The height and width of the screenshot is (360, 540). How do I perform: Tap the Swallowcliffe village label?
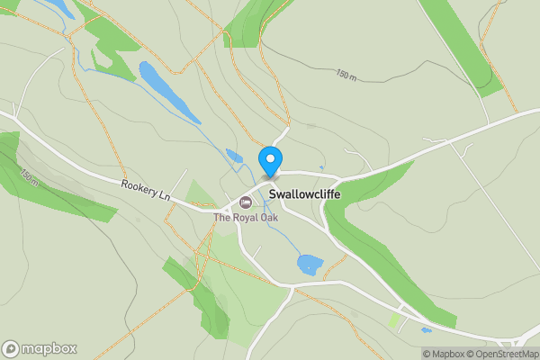coord(312,193)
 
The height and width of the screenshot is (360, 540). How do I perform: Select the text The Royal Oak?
coord(246,217)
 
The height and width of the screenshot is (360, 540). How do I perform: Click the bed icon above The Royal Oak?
coord(246,201)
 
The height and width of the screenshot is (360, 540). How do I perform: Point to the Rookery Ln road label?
coord(146,190)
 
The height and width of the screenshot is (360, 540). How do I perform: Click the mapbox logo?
coord(40,348)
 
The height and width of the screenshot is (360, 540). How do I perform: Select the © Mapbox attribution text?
coord(444,353)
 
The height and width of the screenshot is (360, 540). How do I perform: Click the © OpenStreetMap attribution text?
coord(503,353)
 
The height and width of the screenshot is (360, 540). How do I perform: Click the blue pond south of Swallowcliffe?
coord(310,265)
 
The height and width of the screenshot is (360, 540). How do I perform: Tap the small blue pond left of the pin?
coord(235,157)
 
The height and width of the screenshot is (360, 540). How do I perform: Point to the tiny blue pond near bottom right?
coord(426,330)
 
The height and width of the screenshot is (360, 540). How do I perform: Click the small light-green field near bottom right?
coord(394,319)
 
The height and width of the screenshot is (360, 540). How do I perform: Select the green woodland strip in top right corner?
coord(463,45)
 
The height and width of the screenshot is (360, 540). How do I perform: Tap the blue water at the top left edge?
coord(58,9)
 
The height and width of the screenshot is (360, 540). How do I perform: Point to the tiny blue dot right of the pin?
coord(310,127)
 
